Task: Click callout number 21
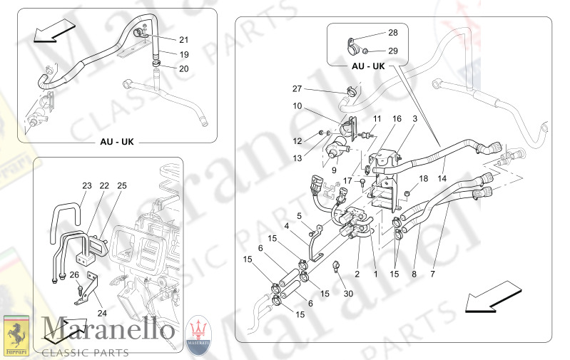[184, 39]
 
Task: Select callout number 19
[184, 54]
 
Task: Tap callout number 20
[184, 69]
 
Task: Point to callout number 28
[393, 33]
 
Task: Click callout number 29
[393, 51]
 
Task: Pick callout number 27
[297, 89]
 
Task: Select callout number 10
[297, 106]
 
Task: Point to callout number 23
[87, 186]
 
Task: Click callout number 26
[74, 275]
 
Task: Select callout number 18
[423, 178]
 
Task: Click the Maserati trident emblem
[199, 334]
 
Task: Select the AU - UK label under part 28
[368, 66]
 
